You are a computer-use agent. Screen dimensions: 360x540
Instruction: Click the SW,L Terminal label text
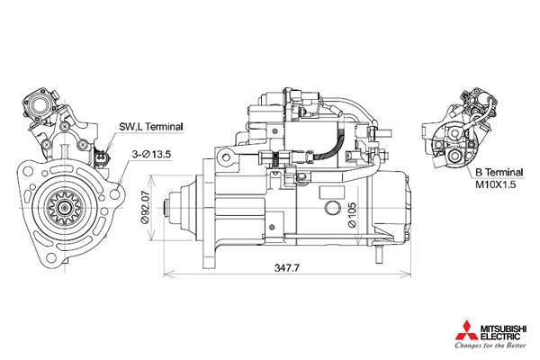151,128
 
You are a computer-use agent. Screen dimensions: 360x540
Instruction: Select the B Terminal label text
499,170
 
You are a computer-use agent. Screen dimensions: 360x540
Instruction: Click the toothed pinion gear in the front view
64,209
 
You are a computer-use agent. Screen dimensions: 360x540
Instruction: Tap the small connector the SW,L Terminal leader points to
101,161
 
